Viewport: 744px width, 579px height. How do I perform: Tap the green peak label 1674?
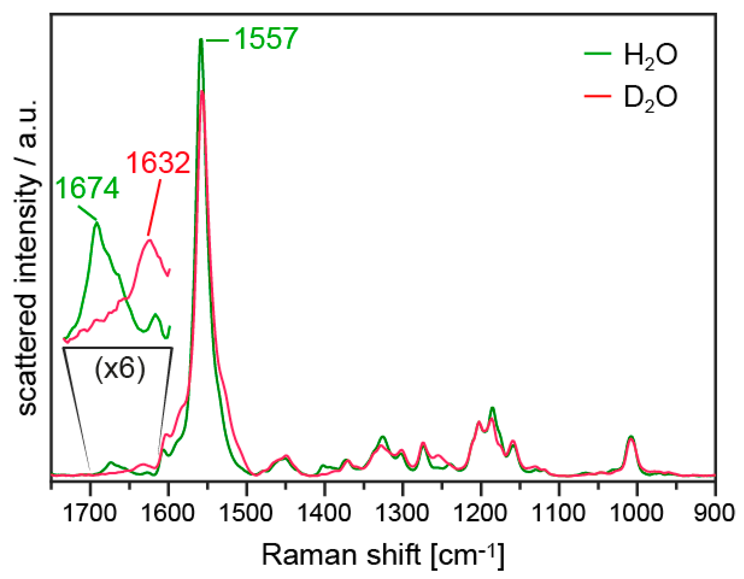pos(87,188)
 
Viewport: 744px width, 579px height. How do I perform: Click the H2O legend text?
pos(650,56)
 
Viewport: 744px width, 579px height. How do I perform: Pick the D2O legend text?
pos(650,99)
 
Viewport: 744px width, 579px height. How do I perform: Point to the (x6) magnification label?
pos(120,369)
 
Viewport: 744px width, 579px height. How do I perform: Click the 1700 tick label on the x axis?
pos(90,514)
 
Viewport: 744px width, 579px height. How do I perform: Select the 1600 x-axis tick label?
pos(168,514)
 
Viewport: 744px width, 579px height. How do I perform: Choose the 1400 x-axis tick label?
pos(324,514)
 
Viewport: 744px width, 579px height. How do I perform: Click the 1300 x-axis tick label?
pos(402,514)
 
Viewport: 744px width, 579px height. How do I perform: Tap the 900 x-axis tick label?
pos(714,514)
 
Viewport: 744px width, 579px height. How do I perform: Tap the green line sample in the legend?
pos(598,53)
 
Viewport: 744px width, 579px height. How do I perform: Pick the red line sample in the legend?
pos(598,96)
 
